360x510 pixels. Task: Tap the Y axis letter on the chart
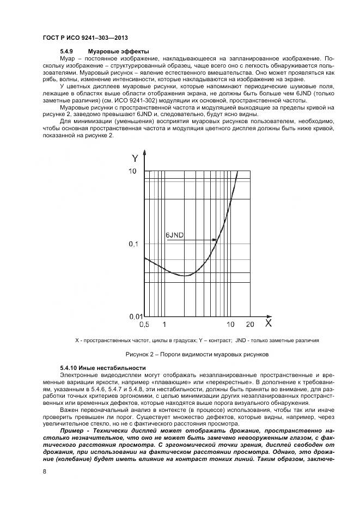pyautogui.click(x=135, y=159)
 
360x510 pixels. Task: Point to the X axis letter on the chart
pyautogui.click(x=268, y=323)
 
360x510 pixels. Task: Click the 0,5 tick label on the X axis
pyautogui.click(x=144, y=325)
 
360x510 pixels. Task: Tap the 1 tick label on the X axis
pyautogui.click(x=164, y=325)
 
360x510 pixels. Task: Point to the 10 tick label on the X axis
pyautogui.click(x=230, y=325)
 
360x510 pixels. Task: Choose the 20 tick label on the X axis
pyautogui.click(x=250, y=325)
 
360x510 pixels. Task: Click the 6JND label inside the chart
pyautogui.click(x=174, y=235)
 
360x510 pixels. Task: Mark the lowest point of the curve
pyautogui.click(x=185, y=276)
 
